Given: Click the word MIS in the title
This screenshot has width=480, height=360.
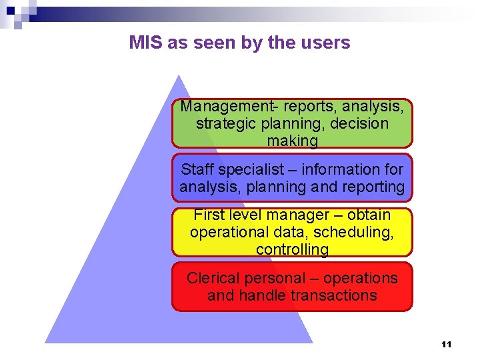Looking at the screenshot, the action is pos(146,43).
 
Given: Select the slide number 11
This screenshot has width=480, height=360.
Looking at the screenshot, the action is pos(447,345).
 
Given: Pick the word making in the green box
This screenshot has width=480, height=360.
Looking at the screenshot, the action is pos(292,141).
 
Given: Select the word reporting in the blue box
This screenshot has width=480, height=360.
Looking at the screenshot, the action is pos(372,187).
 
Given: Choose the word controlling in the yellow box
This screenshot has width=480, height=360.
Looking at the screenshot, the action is pos(292,250).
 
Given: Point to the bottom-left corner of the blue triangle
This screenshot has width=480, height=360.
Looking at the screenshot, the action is pos(46,342).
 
